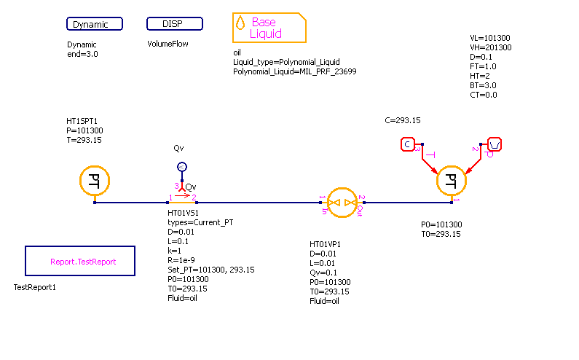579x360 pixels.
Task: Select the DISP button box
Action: click(x=175, y=24)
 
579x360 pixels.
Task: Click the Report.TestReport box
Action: click(x=80, y=261)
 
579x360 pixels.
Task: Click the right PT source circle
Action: click(x=452, y=179)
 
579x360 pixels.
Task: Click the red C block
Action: click(x=408, y=144)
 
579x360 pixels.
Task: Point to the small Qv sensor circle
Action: click(x=183, y=166)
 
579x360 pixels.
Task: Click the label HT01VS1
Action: click(x=184, y=213)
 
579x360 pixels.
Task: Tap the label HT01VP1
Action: click(x=325, y=244)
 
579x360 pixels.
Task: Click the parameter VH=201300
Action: click(x=491, y=47)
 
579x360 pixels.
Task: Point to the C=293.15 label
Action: click(x=402, y=120)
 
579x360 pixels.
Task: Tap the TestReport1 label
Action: click(x=35, y=287)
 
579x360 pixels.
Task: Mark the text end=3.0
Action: click(x=82, y=54)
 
